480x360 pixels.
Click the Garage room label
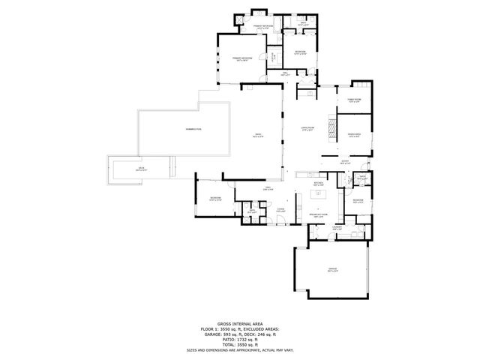[332, 269]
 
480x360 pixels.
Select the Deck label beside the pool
[140, 169]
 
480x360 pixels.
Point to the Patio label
[258, 136]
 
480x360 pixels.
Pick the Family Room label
[354, 100]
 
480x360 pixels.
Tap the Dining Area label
[354, 135]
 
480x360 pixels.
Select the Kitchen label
[318, 183]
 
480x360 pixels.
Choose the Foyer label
[345, 162]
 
